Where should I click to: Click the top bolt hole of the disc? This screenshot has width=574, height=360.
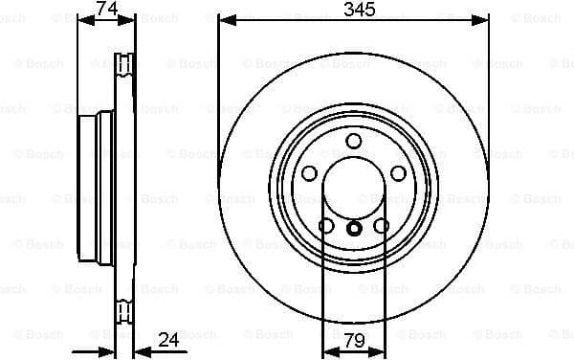(x=354, y=142)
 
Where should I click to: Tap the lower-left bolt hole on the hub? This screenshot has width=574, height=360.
(x=326, y=227)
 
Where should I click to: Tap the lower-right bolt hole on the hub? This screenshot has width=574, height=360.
(x=382, y=227)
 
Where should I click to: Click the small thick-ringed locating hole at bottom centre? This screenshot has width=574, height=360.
(x=354, y=228)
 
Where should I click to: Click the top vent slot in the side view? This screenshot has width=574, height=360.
(x=122, y=64)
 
